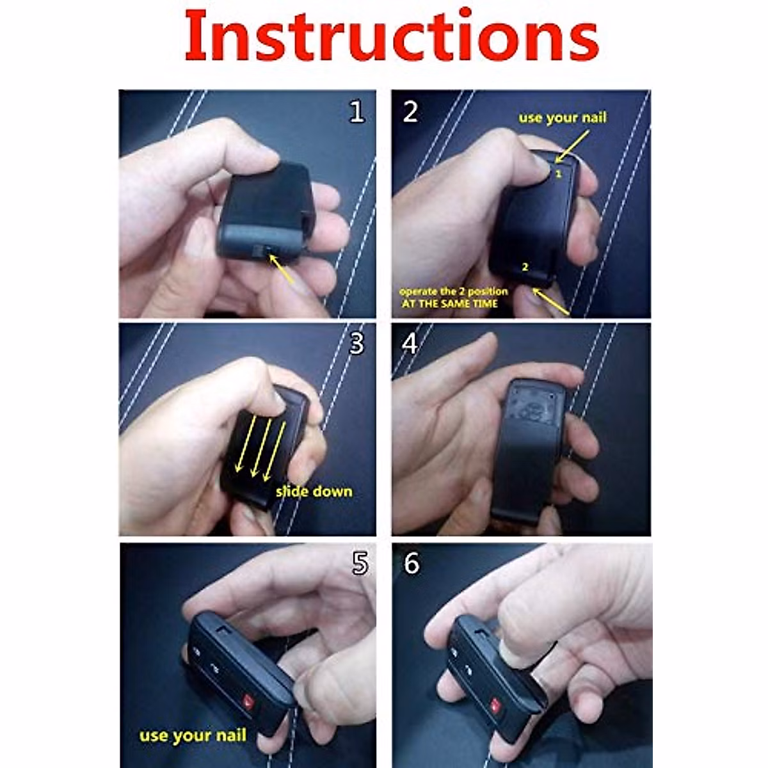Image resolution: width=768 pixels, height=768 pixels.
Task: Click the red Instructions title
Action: click(x=392, y=36)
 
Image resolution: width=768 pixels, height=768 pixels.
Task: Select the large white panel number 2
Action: click(x=410, y=112)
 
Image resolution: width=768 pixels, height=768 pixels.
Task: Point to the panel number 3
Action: click(x=356, y=343)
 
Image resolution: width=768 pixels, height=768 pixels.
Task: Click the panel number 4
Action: click(x=410, y=344)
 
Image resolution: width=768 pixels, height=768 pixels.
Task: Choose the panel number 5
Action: click(x=360, y=563)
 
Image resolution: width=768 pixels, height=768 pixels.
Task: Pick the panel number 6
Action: click(x=412, y=563)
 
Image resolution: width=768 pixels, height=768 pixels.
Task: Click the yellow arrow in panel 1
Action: click(x=282, y=269)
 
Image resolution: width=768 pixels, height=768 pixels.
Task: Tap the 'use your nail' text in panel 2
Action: click(x=563, y=118)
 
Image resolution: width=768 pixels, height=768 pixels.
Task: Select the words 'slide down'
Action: click(x=314, y=491)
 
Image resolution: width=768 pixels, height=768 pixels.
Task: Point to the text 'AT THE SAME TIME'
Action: click(x=449, y=304)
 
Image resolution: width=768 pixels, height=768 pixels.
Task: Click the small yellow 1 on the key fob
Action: click(x=558, y=174)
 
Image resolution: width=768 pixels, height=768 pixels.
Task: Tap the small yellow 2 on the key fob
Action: click(x=525, y=267)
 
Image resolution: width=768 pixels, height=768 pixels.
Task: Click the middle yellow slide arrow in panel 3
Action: click(x=261, y=447)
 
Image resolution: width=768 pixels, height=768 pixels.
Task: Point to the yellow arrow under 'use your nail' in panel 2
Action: click(x=572, y=147)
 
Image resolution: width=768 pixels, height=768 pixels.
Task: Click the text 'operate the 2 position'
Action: click(x=454, y=291)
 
